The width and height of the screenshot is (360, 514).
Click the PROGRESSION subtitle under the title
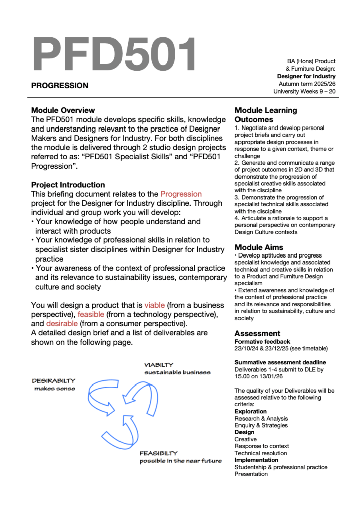(x=60, y=86)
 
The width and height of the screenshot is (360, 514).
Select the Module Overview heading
(x=63, y=110)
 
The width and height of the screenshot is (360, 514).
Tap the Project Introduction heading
(x=68, y=185)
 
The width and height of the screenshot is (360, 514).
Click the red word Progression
(x=181, y=194)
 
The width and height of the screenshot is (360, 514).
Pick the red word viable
(x=154, y=305)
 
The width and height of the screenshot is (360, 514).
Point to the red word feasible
(x=91, y=314)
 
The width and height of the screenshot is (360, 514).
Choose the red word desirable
(x=62, y=324)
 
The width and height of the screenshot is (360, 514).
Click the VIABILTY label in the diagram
(x=159, y=365)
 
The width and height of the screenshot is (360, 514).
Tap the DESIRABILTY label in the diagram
(x=54, y=381)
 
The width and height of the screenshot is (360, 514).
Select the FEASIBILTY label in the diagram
(x=159, y=453)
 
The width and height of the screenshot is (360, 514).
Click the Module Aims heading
(x=259, y=247)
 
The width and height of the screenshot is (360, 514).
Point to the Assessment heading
(x=258, y=333)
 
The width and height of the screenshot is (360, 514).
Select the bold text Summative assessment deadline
(x=280, y=362)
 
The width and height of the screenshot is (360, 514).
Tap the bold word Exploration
(x=251, y=411)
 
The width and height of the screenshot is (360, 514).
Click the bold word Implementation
(x=256, y=460)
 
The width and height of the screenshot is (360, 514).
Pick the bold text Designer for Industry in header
(x=306, y=76)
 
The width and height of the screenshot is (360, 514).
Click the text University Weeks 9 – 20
(x=304, y=92)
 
